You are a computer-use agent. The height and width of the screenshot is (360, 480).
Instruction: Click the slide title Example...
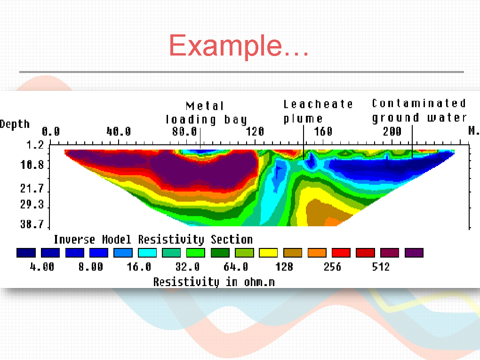(239, 46)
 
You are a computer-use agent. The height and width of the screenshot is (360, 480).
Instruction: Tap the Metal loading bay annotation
(206, 112)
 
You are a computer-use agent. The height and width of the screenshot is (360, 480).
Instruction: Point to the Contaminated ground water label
(419, 111)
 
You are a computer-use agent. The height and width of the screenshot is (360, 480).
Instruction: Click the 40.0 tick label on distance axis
(119, 131)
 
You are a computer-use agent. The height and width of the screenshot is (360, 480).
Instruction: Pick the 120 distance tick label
(255, 131)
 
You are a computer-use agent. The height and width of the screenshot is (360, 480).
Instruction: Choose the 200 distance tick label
(392, 131)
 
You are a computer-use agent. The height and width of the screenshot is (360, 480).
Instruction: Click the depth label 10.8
(32, 165)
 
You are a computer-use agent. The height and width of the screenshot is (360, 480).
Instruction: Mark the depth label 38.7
(32, 224)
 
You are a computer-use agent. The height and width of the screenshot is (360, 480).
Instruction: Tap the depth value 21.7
(32, 188)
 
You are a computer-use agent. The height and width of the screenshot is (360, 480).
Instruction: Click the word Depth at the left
(15, 124)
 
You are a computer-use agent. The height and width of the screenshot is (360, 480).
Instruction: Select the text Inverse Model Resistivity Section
(153, 240)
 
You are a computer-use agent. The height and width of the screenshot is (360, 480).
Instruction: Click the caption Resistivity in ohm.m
(214, 282)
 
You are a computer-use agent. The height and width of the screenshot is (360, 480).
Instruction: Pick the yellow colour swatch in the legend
(268, 253)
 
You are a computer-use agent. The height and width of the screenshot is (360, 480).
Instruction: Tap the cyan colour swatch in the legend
(147, 253)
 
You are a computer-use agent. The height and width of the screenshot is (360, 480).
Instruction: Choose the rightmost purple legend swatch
(414, 253)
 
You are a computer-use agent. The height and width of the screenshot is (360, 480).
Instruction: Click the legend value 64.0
(236, 267)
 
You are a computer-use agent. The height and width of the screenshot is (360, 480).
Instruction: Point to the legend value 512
(381, 267)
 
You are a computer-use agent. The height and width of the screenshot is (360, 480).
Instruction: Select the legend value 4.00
(42, 267)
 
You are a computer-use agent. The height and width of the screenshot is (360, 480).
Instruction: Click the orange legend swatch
(317, 253)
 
